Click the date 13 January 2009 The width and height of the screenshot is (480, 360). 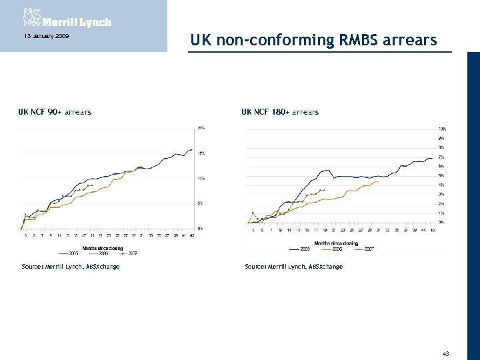click(x=41, y=35)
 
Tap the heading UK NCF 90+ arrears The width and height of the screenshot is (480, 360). click(x=55, y=112)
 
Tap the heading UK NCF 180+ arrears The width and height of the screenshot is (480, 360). click(x=280, y=112)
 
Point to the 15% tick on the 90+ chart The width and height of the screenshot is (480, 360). click(x=200, y=153)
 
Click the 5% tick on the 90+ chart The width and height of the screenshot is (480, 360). click(x=200, y=203)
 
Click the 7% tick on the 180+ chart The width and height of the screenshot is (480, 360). click(x=441, y=157)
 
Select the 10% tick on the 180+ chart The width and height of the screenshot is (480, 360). click(x=442, y=129)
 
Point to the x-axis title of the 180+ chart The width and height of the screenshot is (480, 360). click(x=337, y=243)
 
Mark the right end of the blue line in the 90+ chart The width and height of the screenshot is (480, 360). click(x=193, y=149)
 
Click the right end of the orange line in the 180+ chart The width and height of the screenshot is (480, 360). click(x=379, y=181)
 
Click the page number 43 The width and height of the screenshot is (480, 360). click(x=446, y=353)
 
